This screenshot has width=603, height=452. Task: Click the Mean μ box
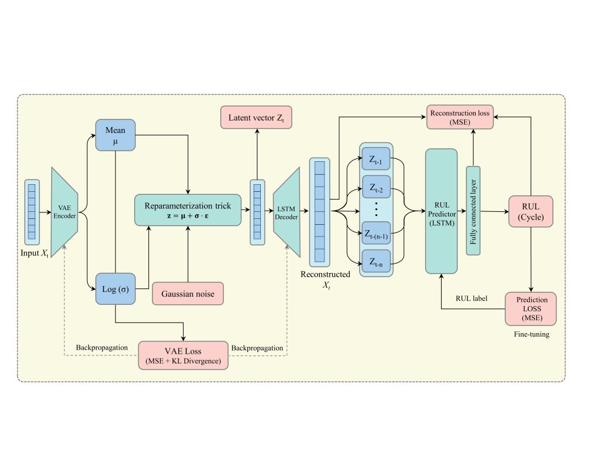click(x=115, y=135)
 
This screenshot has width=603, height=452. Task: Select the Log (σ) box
click(x=115, y=288)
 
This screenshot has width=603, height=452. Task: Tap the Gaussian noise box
click(x=188, y=294)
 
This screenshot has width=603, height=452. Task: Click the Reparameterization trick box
click(x=188, y=210)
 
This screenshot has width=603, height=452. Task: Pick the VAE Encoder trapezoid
click(x=65, y=212)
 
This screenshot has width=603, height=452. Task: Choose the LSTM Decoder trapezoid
click(x=287, y=212)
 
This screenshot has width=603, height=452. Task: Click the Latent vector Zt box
click(x=256, y=118)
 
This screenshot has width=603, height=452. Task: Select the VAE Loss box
click(x=183, y=355)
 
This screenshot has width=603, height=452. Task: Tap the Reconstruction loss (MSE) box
click(x=460, y=117)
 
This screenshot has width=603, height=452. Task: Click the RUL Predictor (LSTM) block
click(x=442, y=211)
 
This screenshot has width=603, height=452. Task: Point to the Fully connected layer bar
click(x=473, y=211)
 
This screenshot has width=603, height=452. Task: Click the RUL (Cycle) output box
click(x=531, y=211)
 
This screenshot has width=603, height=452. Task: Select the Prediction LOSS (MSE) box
click(x=531, y=308)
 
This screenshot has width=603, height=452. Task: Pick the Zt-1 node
click(x=376, y=159)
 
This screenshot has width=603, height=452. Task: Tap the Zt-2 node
click(x=376, y=187)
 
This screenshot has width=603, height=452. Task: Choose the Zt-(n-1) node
click(x=376, y=233)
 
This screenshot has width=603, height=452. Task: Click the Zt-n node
click(x=376, y=261)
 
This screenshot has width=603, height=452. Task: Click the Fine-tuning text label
click(x=532, y=334)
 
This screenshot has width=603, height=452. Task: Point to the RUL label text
click(x=472, y=298)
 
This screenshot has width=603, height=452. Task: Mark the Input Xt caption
click(x=35, y=253)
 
